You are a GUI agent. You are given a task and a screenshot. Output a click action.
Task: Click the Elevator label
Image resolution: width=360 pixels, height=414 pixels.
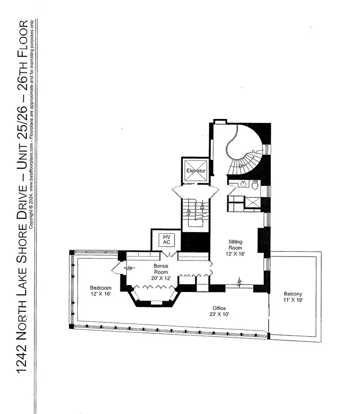click(x=196, y=171)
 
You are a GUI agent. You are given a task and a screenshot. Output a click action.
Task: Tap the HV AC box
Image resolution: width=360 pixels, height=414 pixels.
click(x=166, y=240)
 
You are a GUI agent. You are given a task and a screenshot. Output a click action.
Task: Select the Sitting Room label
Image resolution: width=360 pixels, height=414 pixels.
click(x=235, y=245)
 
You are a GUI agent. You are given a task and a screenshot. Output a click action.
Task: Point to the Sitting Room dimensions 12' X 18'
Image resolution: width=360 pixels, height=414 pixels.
click(x=235, y=254)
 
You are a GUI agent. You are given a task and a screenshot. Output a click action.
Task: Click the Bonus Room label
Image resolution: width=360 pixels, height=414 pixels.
click(x=161, y=269)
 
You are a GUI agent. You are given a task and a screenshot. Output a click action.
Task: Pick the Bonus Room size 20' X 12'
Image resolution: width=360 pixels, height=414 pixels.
click(x=161, y=278)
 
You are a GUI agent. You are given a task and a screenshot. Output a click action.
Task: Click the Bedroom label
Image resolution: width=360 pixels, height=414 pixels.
click(x=100, y=288)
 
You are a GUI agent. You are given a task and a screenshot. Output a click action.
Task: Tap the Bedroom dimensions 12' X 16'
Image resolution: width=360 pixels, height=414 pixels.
click(x=100, y=294)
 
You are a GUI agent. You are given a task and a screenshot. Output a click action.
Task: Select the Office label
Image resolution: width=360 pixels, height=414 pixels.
click(x=219, y=308)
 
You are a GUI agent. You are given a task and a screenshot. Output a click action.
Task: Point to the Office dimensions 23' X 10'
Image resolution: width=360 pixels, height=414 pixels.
click(x=219, y=314)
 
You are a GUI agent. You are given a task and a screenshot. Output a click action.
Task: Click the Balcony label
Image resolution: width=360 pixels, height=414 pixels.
click(x=293, y=294)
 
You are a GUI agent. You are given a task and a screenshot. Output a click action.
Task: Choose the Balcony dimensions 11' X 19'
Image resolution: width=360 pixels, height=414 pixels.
click(x=293, y=300)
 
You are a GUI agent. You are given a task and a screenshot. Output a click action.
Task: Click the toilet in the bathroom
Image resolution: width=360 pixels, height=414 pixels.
click(x=255, y=185)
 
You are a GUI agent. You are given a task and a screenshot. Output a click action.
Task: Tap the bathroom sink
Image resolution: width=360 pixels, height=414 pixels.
click(x=244, y=184)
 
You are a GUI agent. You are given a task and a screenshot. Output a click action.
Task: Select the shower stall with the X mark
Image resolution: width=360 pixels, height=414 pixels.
click(x=253, y=203)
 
